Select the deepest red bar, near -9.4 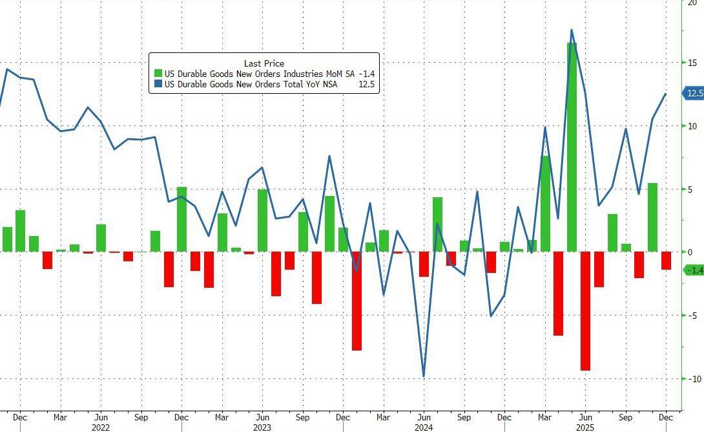pyautogui.click(x=585, y=310)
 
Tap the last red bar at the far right pyautogui.click(x=666, y=261)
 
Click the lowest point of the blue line pyautogui.click(x=424, y=376)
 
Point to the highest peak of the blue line pyautogui.click(x=572, y=30)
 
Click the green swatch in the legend pyautogui.click(x=158, y=74)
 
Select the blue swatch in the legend pyautogui.click(x=158, y=85)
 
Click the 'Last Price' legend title pyautogui.click(x=264, y=63)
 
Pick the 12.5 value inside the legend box pyautogui.click(x=367, y=85)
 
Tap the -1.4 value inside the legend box pyautogui.click(x=367, y=74)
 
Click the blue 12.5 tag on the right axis pyautogui.click(x=694, y=94)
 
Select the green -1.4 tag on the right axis pyautogui.click(x=694, y=270)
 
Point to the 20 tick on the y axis pyautogui.click(x=692, y=3)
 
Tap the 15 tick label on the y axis pyautogui.click(x=692, y=63)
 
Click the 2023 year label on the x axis pyautogui.click(x=262, y=427)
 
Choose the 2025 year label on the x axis pyautogui.click(x=585, y=427)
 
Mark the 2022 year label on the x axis pyautogui.click(x=100, y=427)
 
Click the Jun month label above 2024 pyautogui.click(x=424, y=418)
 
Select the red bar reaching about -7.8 pyautogui.click(x=357, y=301)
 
